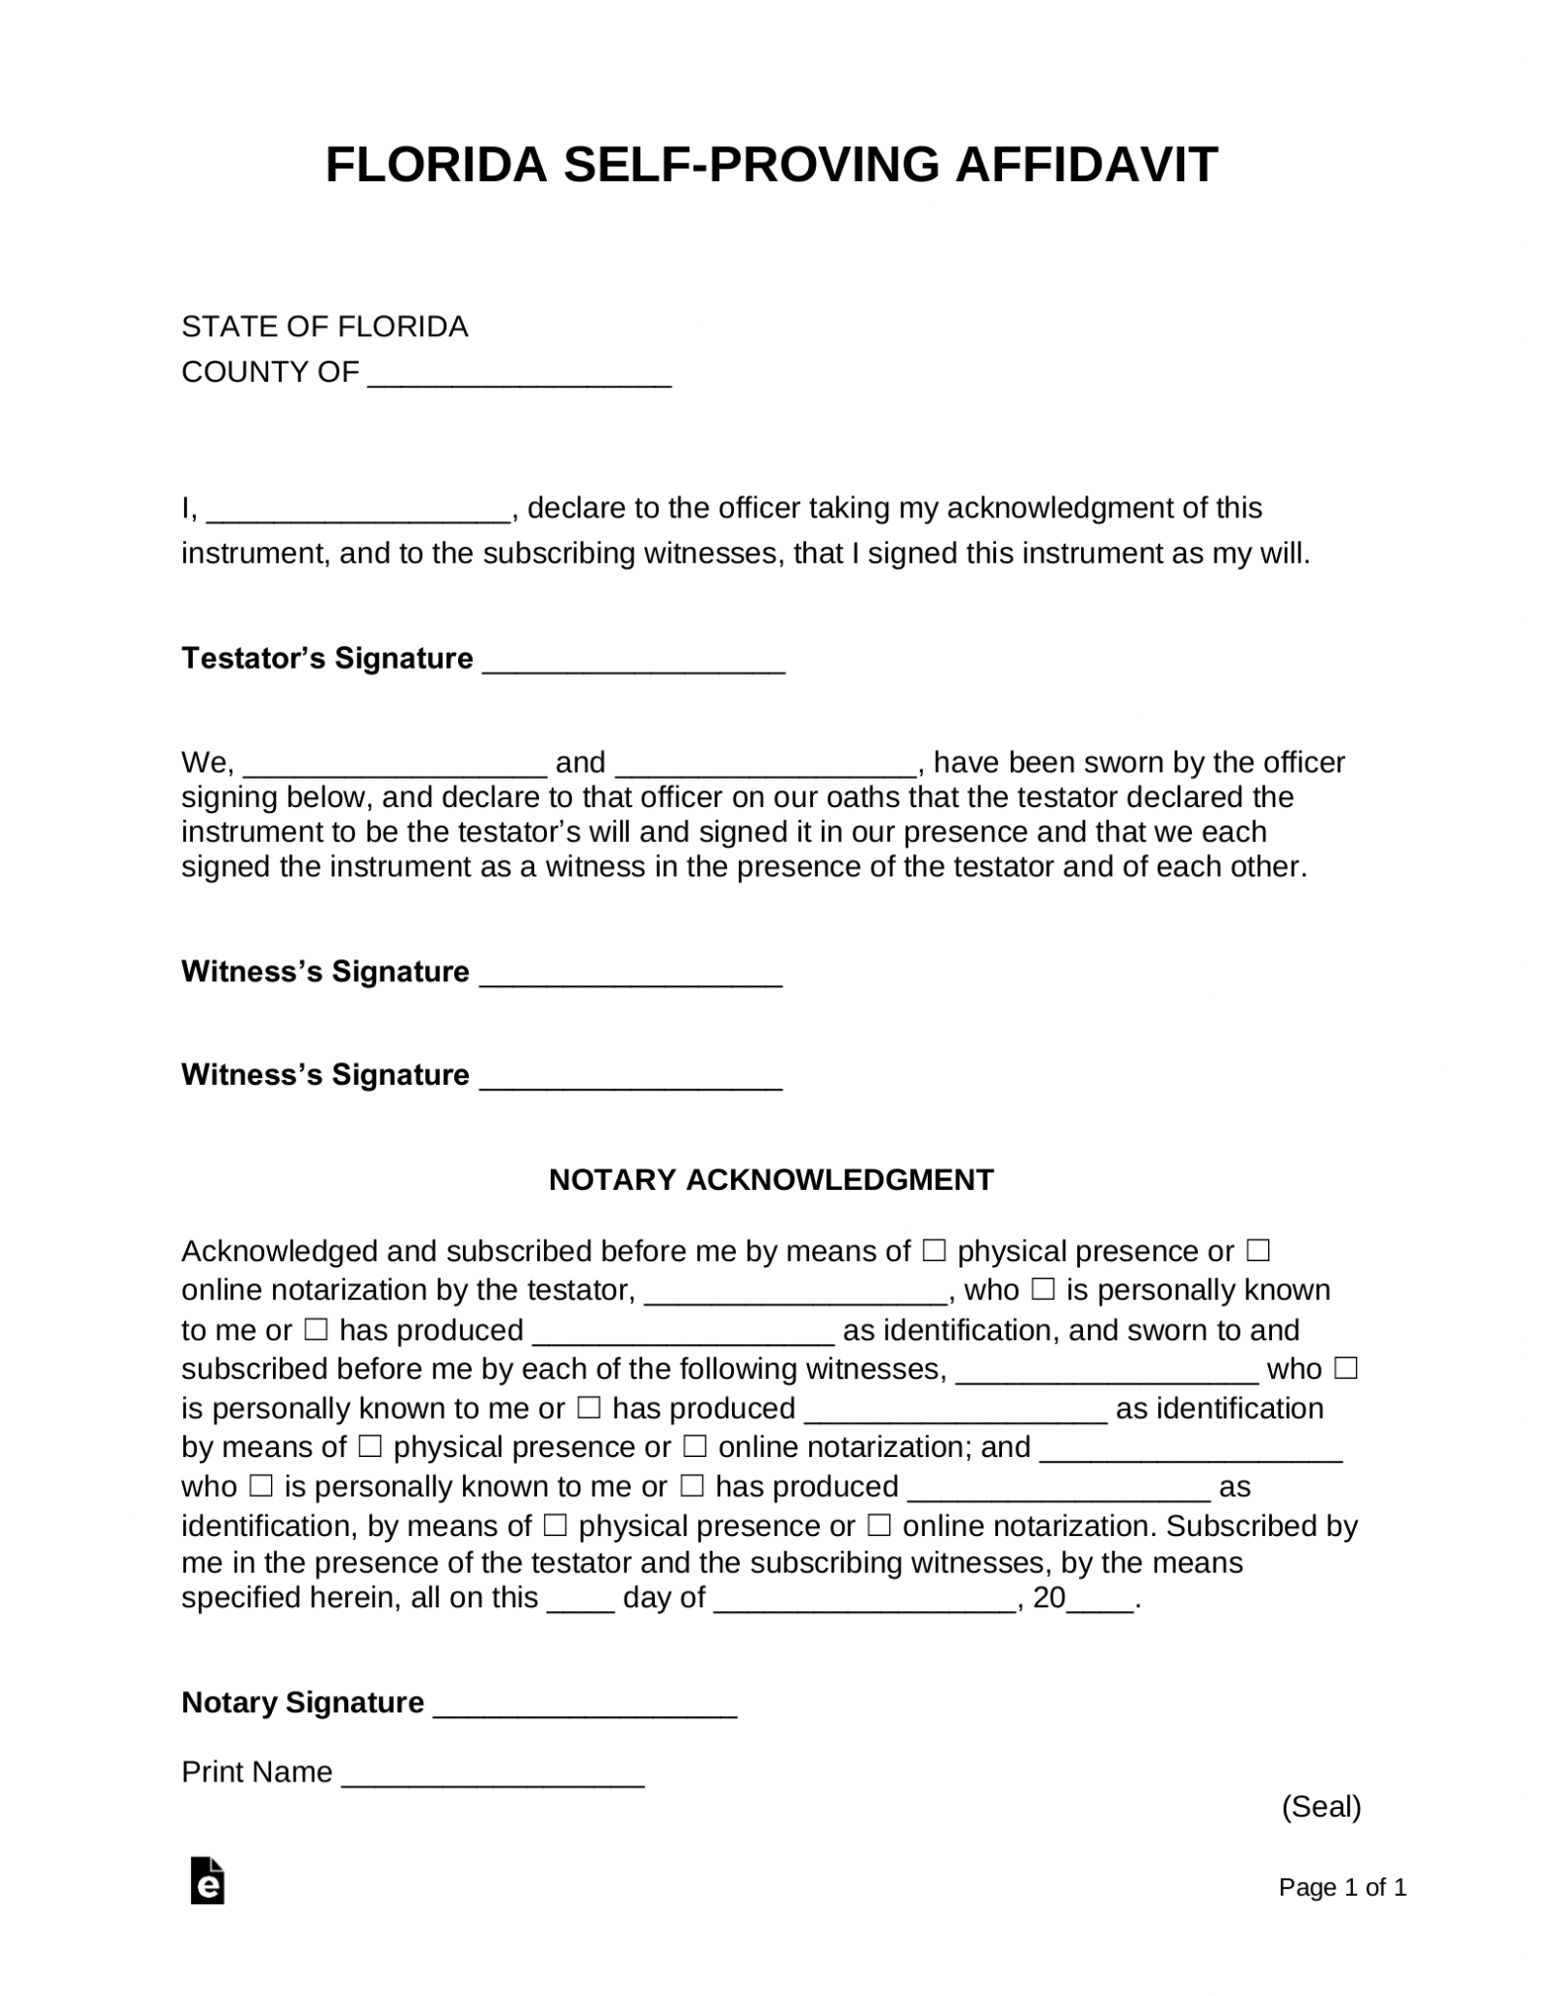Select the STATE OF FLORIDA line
tap(325, 326)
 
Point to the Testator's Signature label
tap(327, 659)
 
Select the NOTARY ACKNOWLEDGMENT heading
tap(771, 1180)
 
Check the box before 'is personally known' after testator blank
tap(1043, 1290)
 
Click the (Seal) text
tap(1321, 1807)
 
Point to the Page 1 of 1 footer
tap(1342, 1888)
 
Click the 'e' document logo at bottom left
tap(208, 1882)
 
